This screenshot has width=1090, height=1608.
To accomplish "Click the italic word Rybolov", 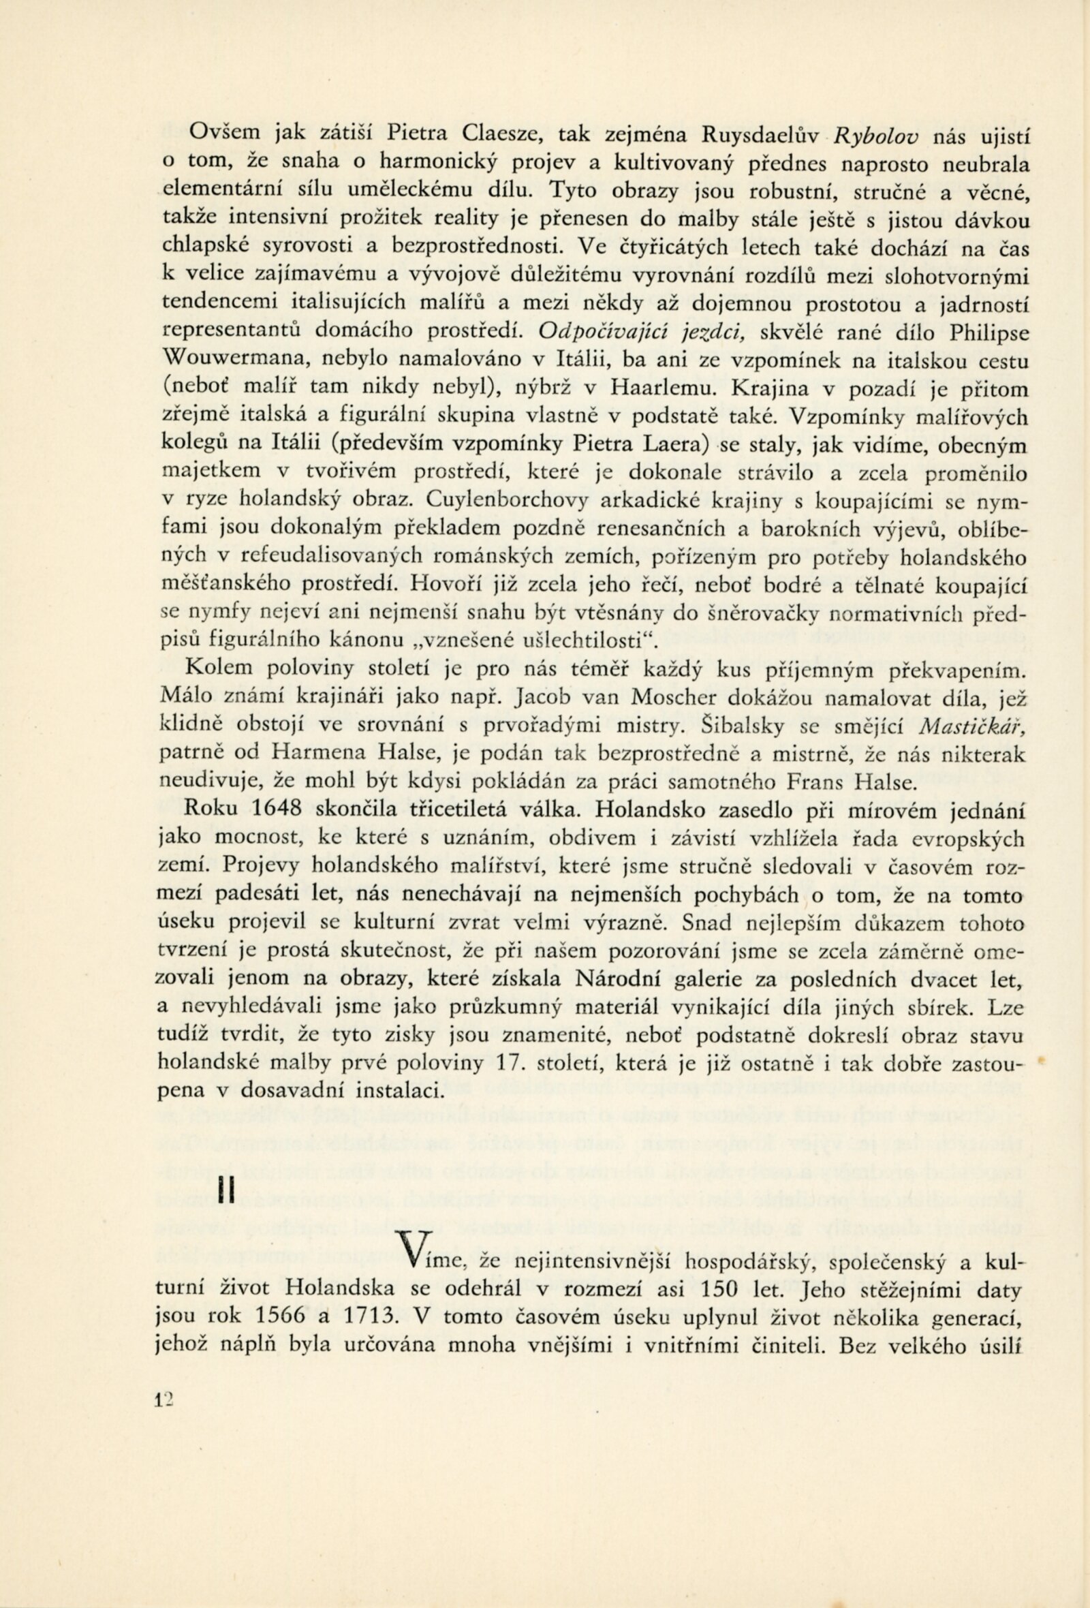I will [x=877, y=136].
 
